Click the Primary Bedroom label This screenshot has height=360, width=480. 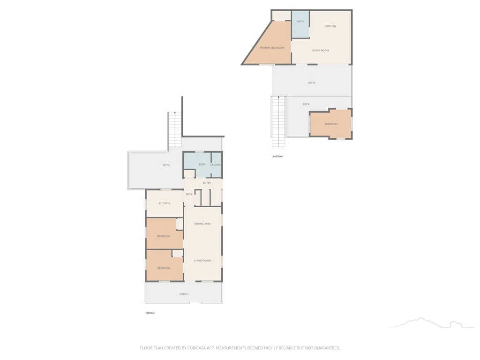click(272, 48)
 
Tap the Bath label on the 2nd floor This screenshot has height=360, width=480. click(300, 22)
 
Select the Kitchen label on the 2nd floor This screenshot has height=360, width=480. click(330, 26)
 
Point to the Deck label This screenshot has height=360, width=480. click(306, 104)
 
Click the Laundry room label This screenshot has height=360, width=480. click(216, 165)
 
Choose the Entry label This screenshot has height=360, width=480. click(207, 183)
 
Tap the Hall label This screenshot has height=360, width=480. click(189, 194)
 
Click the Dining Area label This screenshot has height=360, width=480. click(202, 224)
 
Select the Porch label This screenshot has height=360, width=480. click(184, 294)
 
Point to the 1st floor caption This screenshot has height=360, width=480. click(150, 313)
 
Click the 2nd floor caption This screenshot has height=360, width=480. click(277, 157)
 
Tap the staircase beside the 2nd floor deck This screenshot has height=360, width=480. click(278, 121)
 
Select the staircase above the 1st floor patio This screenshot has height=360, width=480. click(175, 129)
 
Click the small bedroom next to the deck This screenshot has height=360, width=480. click(331, 124)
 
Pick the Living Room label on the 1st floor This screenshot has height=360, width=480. click(202, 261)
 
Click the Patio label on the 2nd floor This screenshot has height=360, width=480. click(312, 82)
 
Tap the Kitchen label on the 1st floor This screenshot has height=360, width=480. click(164, 203)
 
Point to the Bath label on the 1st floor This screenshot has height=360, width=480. click(202, 165)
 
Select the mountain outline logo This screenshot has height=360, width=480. click(432, 322)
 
